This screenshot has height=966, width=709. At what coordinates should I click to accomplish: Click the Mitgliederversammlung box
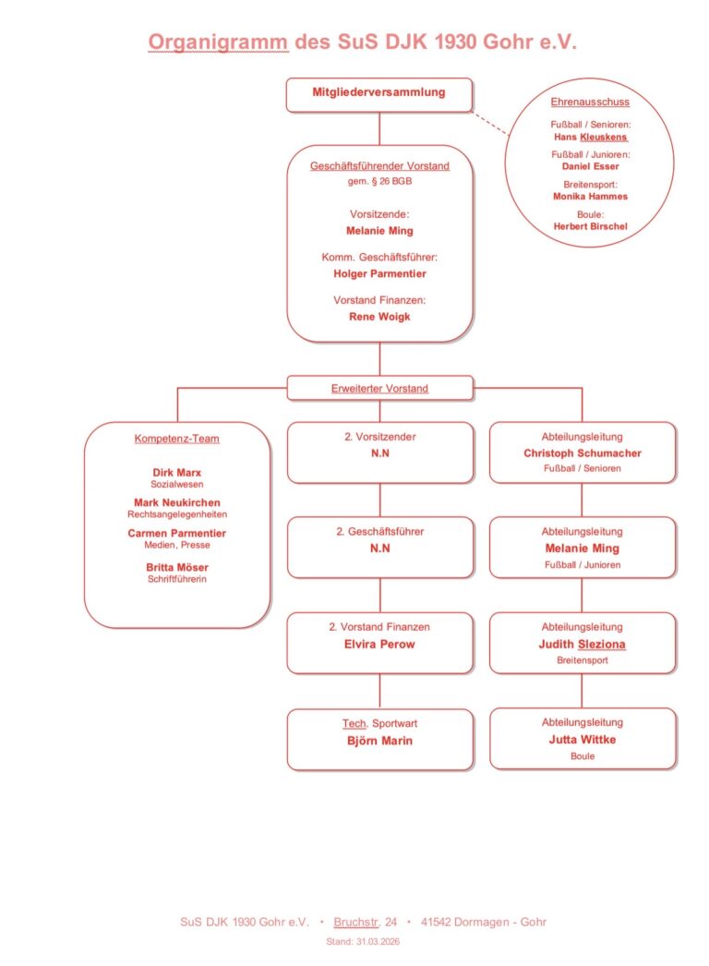379,92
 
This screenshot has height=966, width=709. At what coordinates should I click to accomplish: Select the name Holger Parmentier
379,273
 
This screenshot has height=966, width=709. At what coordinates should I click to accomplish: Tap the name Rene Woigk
379,316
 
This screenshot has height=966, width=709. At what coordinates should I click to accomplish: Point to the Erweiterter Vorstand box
379,389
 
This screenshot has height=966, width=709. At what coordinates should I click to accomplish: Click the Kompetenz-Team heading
176,439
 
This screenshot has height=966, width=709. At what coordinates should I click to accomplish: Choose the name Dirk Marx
176,473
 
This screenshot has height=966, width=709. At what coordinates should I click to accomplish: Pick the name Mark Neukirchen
176,502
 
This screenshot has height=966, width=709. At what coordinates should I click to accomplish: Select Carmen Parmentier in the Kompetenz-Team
176,533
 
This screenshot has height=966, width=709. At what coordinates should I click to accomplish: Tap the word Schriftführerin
176,580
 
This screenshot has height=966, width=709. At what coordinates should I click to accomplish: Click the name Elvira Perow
379,644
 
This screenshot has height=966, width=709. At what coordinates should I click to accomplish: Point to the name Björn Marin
379,740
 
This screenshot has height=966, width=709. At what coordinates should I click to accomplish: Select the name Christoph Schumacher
582,453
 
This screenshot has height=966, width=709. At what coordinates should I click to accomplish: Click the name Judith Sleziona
582,644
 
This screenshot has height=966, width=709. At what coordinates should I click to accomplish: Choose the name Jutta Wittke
582,740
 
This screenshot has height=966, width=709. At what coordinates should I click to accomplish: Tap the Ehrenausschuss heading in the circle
590,102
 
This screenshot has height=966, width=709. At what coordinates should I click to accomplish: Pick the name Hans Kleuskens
590,137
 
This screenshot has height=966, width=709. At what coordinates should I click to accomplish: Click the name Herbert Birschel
590,226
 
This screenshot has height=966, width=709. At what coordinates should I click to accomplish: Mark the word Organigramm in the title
218,42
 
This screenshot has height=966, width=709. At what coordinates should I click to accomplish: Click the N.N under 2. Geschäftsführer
379,549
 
